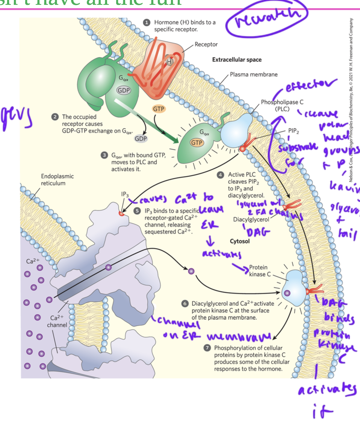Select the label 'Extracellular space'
237,60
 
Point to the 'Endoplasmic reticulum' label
57,179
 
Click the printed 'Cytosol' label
239,241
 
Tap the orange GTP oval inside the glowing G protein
197,143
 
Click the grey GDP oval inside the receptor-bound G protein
124,90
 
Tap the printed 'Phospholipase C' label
282,105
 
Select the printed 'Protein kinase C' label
259,270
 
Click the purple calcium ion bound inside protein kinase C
287,292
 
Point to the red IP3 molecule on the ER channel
121,213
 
